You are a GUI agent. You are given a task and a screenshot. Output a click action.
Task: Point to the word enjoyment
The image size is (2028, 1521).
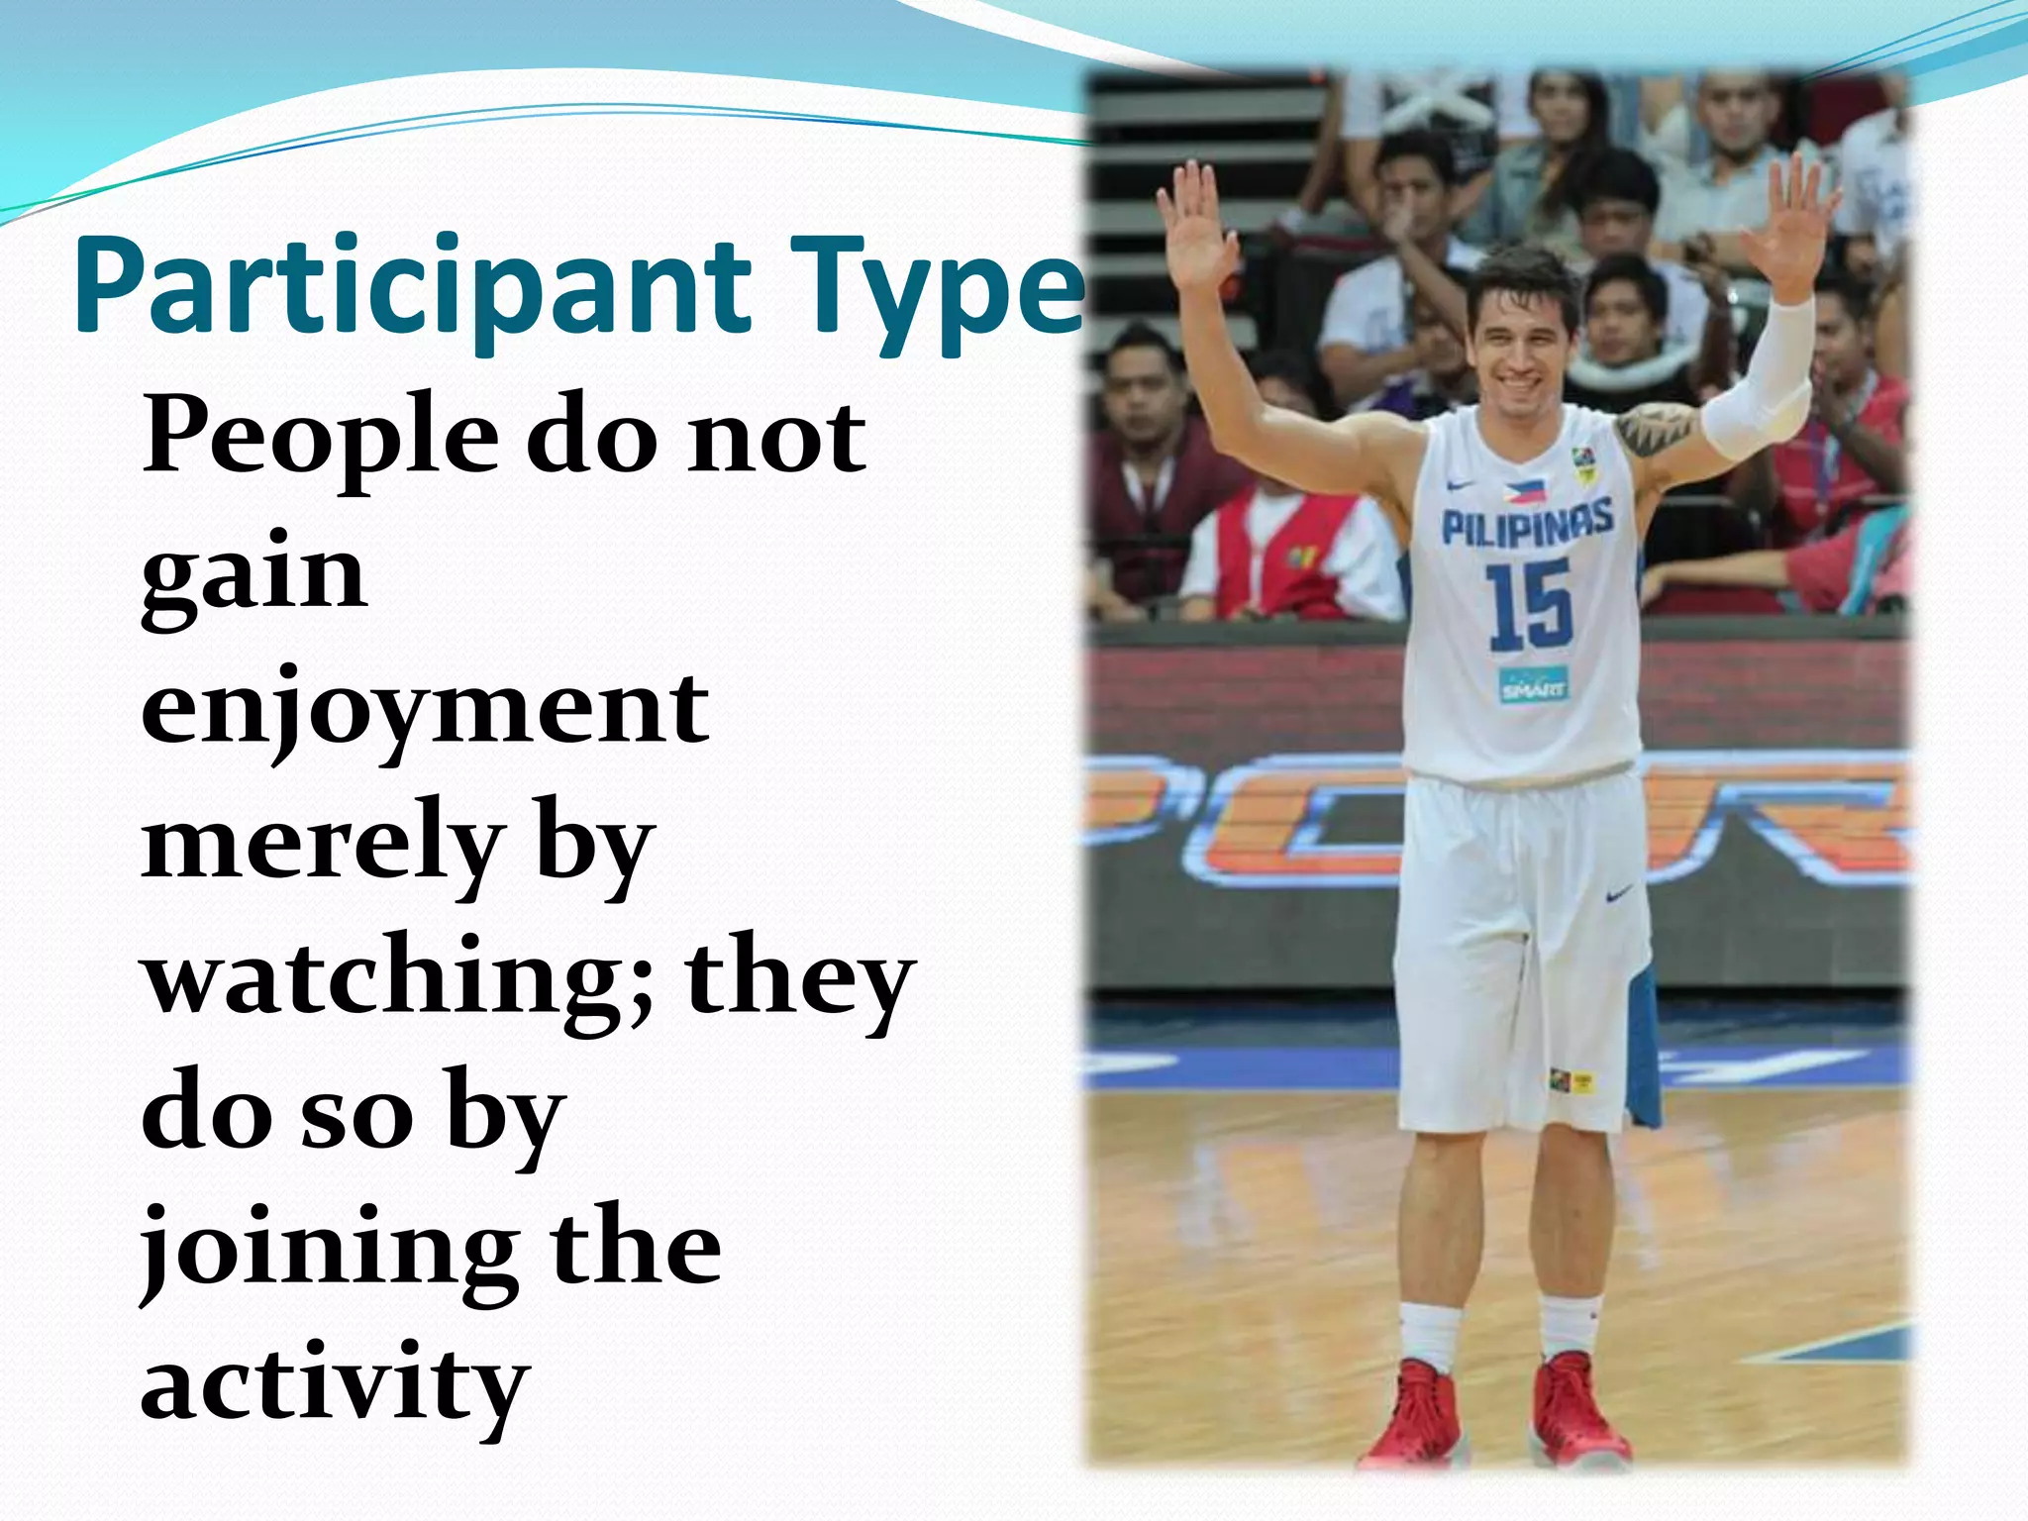pyautogui.click(x=426, y=709)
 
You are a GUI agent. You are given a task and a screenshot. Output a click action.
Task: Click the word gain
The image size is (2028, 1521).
pyautogui.click(x=253, y=574)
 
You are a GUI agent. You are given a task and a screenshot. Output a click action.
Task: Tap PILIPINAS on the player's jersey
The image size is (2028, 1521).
pyautogui.click(x=1526, y=523)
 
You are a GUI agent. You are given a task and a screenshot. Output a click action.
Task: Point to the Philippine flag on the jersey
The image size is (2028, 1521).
pyautogui.click(x=1524, y=489)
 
